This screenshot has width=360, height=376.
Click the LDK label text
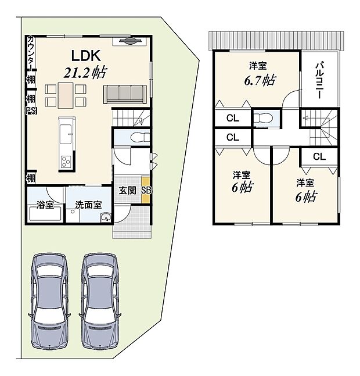tap(86, 55)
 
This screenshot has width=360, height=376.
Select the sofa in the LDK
tap(124, 93)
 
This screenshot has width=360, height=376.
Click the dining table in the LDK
tap(66, 95)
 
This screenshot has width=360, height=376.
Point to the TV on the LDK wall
tap(129, 40)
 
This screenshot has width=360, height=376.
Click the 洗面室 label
tap(88, 205)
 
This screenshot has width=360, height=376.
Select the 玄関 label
tap(127, 191)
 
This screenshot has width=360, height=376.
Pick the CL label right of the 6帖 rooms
tap(319, 156)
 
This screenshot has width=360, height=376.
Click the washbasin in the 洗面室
tap(105, 217)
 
